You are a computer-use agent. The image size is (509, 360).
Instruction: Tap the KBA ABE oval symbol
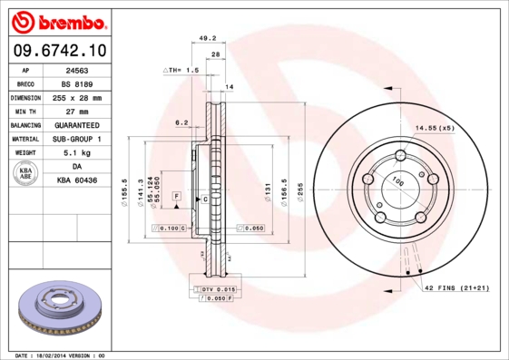click(26, 174)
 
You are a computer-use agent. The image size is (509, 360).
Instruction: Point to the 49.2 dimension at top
click(207, 38)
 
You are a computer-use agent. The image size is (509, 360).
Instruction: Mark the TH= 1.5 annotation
click(181, 70)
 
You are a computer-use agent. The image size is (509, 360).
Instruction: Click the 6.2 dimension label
click(181, 122)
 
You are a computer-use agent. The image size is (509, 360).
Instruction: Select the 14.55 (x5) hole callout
click(435, 129)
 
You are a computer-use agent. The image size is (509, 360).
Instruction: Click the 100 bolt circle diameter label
click(397, 181)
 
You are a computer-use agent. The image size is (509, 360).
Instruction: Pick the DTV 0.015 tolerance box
click(212, 287)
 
